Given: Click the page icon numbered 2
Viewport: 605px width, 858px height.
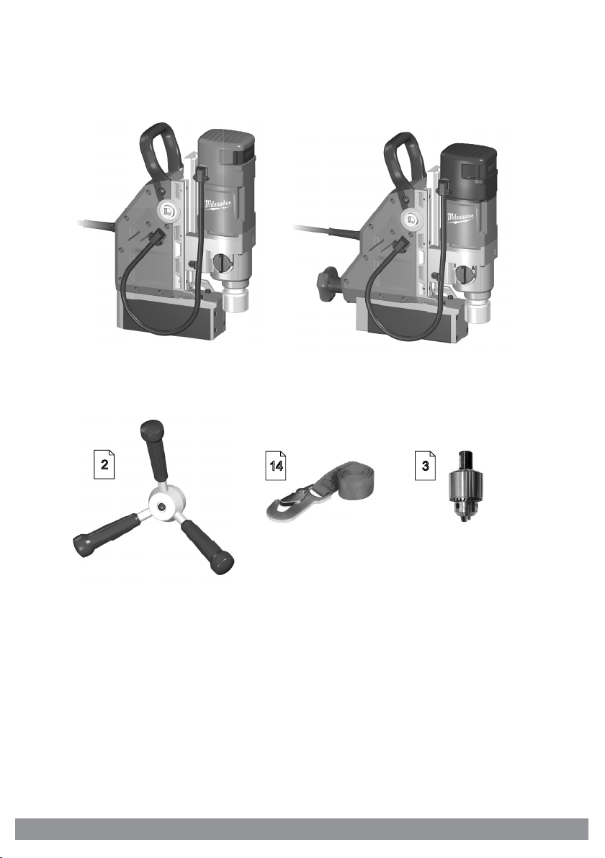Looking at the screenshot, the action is (x=104, y=464).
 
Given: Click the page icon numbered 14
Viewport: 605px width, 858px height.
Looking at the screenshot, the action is (x=275, y=466).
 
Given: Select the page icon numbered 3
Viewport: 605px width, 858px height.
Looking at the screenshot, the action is (x=425, y=466).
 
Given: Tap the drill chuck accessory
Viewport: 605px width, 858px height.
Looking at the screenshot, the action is (x=465, y=487).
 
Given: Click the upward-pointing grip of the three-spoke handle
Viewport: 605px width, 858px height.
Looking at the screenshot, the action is (x=153, y=451).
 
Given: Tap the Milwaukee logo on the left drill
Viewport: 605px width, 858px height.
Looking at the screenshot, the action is (x=218, y=204).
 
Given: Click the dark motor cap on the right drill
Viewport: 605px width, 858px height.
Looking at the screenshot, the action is (x=469, y=162).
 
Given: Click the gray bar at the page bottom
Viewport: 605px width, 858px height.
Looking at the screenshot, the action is (x=302, y=828).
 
